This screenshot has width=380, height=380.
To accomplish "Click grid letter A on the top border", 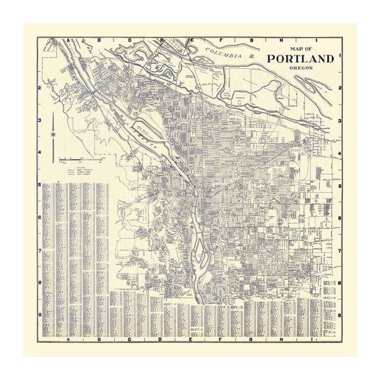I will (x=68, y=39).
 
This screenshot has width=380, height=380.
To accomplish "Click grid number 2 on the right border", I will (x=339, y=88).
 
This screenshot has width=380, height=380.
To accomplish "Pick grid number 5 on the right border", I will (x=339, y=185).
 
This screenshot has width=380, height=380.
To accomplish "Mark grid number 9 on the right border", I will (x=339, y=315).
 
